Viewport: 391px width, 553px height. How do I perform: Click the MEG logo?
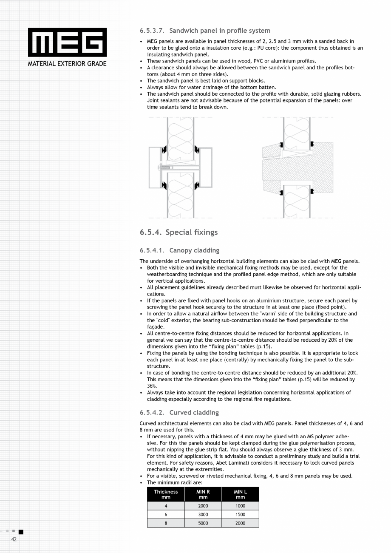(67, 43)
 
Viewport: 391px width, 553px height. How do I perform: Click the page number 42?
(14, 539)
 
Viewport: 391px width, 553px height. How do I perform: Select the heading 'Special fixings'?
(191, 232)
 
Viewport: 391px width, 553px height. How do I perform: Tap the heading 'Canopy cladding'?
(194, 250)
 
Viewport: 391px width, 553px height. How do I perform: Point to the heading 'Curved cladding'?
(194, 412)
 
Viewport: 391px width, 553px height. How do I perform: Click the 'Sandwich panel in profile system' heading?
(220, 31)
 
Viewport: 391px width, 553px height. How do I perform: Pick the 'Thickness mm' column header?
(166, 494)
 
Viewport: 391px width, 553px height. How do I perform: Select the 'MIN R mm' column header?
(203, 494)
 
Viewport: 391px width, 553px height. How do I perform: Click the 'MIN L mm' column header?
(240, 494)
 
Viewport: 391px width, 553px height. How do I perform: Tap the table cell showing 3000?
(203, 514)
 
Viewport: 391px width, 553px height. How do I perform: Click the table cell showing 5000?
(203, 523)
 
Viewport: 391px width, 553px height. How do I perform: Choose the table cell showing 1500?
(240, 514)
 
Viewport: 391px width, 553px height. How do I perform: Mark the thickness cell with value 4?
(166, 506)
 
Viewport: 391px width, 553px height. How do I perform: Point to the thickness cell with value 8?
(166, 523)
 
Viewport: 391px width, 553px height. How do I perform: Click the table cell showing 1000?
(240, 506)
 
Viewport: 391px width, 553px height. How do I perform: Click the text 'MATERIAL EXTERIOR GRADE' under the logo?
(67, 64)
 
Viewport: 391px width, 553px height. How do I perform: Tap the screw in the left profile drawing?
(166, 167)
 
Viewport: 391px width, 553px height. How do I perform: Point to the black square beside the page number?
(21, 532)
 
